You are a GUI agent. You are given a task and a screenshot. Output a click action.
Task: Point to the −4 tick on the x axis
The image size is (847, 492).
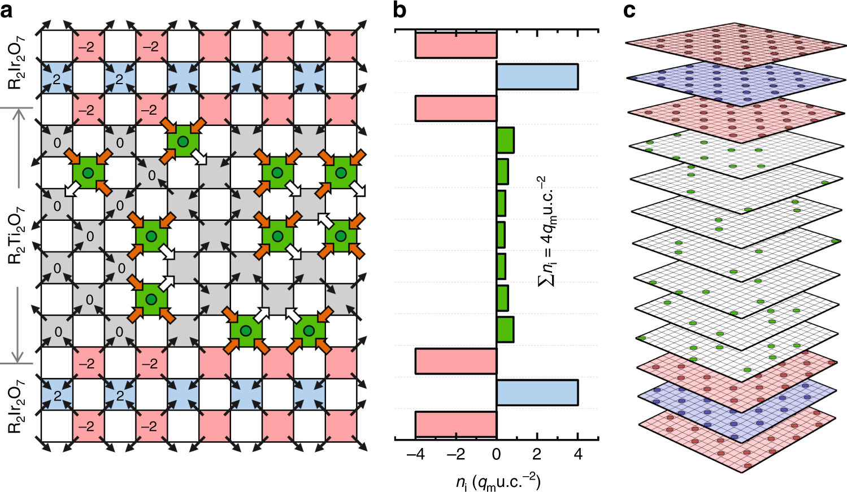pyautogui.click(x=415, y=454)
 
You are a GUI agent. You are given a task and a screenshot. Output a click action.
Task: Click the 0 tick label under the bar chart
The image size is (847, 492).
pyautogui.click(x=496, y=454)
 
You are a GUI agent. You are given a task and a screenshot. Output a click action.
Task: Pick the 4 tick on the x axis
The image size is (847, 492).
pyautogui.click(x=577, y=454)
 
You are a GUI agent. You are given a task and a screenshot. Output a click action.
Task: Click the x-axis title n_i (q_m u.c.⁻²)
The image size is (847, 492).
pyautogui.click(x=498, y=482)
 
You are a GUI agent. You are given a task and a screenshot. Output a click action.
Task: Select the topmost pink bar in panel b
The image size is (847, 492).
pyautogui.click(x=456, y=45)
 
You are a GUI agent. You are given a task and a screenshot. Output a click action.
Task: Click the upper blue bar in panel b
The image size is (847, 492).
pyautogui.click(x=537, y=77)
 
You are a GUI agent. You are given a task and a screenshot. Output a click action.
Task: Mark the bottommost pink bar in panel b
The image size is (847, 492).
pyautogui.click(x=456, y=424)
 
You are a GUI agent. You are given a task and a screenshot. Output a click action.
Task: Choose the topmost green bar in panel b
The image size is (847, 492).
pyautogui.click(x=505, y=140)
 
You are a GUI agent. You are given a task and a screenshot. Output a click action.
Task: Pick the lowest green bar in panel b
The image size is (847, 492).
pyautogui.click(x=505, y=330)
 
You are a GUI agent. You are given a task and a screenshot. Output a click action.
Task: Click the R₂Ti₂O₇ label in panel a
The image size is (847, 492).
pyautogui.click(x=16, y=235)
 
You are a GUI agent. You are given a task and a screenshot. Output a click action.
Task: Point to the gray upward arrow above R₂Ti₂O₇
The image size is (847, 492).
pyautogui.click(x=19, y=147)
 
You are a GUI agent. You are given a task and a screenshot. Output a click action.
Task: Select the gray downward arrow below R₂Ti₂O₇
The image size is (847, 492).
pyautogui.click(x=19, y=324)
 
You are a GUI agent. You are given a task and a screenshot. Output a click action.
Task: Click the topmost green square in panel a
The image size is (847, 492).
pyautogui.click(x=183, y=141)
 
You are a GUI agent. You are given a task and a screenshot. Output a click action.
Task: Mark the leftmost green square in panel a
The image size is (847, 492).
pyautogui.click(x=88, y=173)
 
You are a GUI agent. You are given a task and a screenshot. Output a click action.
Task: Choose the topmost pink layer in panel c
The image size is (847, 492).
pyautogui.click(x=736, y=45)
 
